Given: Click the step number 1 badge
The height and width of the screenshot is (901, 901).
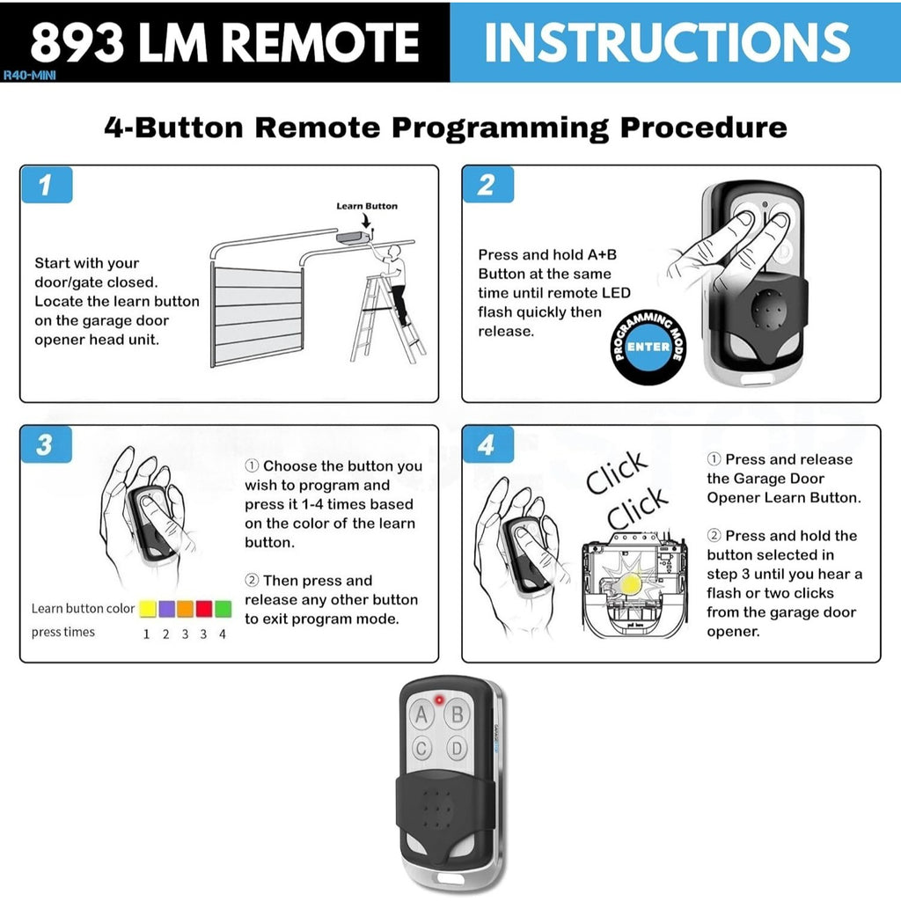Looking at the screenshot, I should [45, 185].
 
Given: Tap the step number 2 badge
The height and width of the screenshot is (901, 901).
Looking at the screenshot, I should [487, 185].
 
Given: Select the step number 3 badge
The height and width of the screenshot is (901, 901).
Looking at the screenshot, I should [45, 445].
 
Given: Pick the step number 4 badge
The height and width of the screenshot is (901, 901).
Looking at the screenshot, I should [487, 445].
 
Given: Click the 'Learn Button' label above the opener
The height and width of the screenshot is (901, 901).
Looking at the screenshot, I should [367, 206].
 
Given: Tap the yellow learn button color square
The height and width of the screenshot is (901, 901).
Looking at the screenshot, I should [148, 608].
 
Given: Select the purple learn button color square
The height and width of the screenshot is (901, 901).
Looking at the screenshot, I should [166, 608].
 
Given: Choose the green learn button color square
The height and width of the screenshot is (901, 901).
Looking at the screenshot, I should [223, 608].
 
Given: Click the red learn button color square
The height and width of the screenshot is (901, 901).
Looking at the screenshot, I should [204, 608].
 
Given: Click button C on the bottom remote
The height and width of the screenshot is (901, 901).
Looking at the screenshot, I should [422, 749].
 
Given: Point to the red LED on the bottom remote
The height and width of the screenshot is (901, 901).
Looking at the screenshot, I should [438, 700].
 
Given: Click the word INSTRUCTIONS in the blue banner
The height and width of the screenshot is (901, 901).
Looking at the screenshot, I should [667, 40].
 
